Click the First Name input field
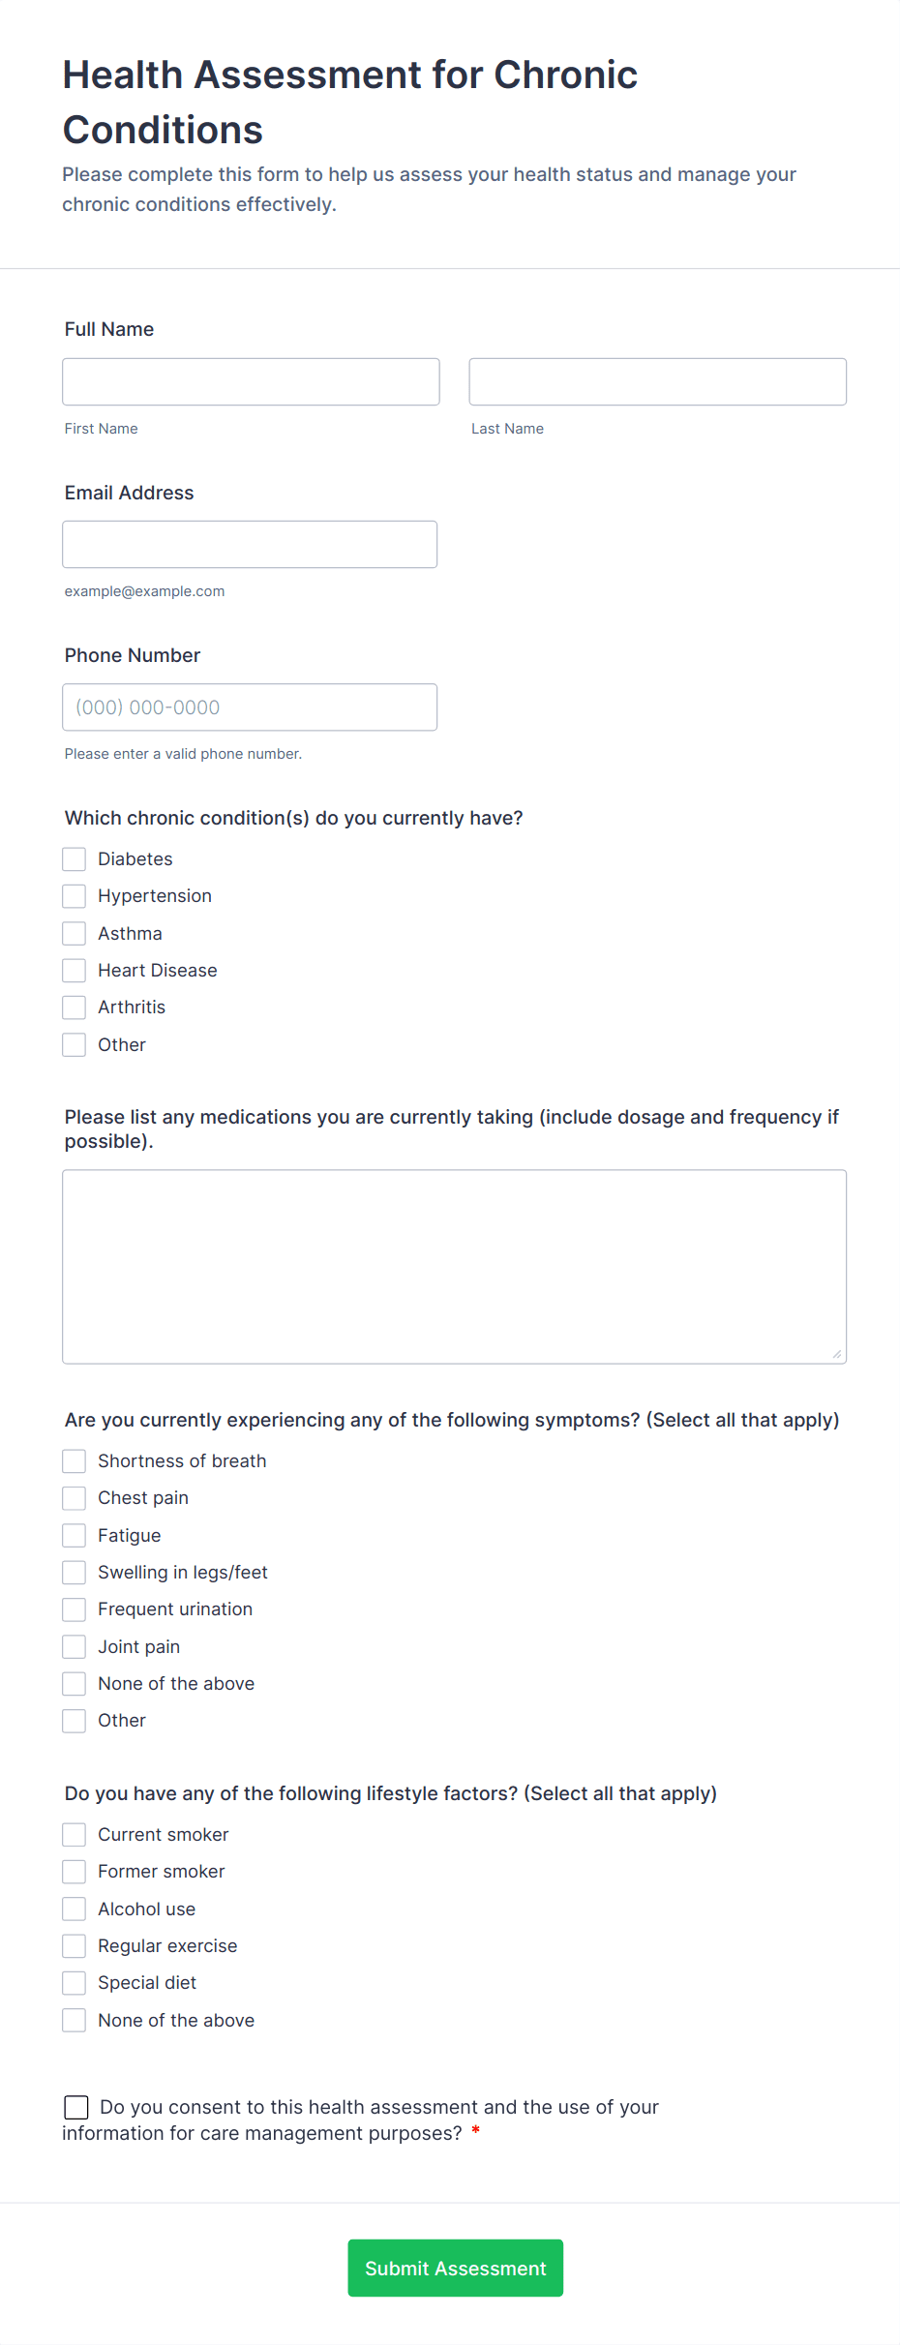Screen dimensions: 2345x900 251,381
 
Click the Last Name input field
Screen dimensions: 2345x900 657,381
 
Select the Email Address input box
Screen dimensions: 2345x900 250,544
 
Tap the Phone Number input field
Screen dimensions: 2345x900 250,707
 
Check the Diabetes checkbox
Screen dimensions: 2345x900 75,859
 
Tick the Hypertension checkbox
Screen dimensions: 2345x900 75,896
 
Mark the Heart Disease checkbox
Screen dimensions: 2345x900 75,971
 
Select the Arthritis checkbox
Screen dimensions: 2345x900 75,1007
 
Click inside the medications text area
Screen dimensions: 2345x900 454,1266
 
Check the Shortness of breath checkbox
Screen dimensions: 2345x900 75,1461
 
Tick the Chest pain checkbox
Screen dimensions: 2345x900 75,1498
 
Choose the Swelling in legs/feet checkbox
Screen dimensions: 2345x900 75,1573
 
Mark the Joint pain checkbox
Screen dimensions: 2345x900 75,1647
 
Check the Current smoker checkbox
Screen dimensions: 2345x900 75,1835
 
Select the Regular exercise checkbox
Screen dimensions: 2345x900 75,1946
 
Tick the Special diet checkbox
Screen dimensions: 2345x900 75,1983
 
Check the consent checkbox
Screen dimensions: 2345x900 76,2108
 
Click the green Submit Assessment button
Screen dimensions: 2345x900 455,2268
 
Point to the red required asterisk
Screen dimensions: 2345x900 475,2131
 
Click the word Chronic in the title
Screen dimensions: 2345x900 565,75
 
